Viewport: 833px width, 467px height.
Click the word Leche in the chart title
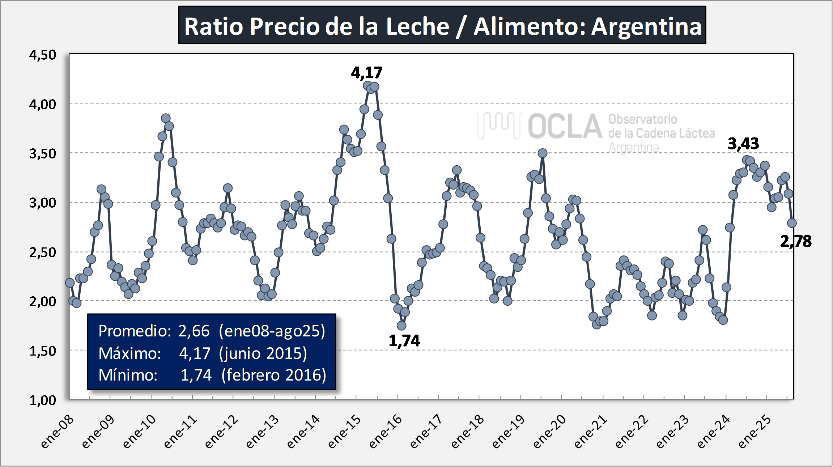417,26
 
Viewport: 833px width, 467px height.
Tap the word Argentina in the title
646,26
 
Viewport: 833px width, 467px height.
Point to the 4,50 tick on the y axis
43,55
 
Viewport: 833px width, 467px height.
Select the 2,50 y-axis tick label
43,252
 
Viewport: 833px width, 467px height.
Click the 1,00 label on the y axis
43,400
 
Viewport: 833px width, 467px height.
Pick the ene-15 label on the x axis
345,431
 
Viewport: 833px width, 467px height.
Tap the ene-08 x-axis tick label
58,431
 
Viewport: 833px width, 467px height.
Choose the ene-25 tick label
755,431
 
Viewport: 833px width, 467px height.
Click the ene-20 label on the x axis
550,431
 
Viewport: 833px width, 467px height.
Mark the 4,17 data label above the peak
366,73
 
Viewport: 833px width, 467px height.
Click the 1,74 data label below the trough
404,341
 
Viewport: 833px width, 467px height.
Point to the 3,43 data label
743,144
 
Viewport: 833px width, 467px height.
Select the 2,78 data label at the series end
796,241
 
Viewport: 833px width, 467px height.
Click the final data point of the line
792,223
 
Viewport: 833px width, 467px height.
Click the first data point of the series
70,283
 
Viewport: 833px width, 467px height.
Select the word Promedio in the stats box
134,331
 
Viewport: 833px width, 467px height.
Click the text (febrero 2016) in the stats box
274,375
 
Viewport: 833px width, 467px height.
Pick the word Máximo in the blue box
129,353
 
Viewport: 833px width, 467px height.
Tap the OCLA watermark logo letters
565,126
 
